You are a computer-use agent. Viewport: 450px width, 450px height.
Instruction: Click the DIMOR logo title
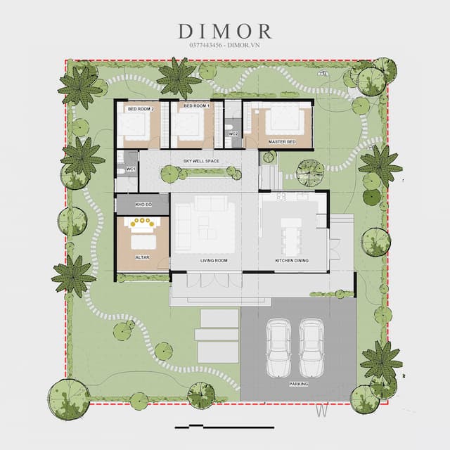[x=225, y=31]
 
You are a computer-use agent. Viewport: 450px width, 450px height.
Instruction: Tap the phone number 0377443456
[x=205, y=45]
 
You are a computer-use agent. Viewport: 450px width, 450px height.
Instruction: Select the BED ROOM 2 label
[x=141, y=109]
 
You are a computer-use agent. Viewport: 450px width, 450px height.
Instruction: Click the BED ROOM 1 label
[x=197, y=106]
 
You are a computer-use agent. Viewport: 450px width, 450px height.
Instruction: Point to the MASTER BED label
[x=282, y=142]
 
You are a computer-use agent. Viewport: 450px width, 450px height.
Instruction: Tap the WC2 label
[x=233, y=134]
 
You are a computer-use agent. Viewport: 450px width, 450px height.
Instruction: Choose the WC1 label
[x=131, y=169]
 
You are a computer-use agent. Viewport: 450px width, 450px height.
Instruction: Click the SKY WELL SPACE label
[x=201, y=161]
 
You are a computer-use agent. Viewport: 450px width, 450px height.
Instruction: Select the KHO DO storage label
[x=143, y=205]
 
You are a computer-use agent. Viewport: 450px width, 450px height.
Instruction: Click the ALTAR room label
[x=142, y=257]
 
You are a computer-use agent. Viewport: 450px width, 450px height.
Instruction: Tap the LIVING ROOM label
[x=214, y=261]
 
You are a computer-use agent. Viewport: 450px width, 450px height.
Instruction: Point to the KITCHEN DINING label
[x=292, y=261]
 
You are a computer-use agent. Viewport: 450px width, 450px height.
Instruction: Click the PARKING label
[x=298, y=384]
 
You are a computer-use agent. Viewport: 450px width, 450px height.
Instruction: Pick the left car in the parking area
[x=279, y=348]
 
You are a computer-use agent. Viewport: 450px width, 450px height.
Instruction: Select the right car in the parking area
[x=311, y=348]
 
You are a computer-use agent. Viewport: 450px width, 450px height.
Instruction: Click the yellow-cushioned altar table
[x=142, y=224]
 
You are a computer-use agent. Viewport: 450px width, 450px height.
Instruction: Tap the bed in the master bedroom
[x=285, y=120]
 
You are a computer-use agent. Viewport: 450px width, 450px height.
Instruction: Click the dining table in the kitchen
[x=291, y=238]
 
